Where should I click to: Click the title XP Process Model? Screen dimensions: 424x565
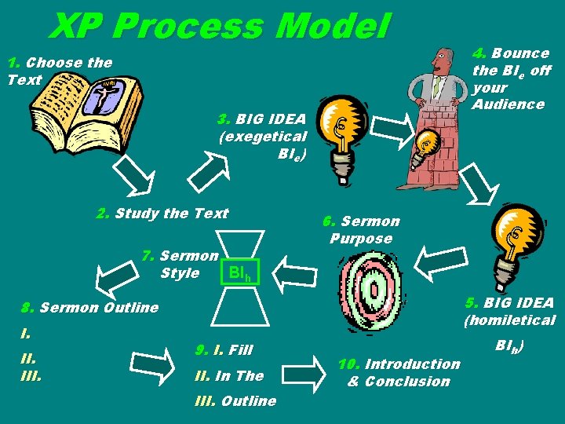[x=220, y=27]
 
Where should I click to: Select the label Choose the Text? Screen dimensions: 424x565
[x=59, y=70]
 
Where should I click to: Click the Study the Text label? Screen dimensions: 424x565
[x=162, y=214]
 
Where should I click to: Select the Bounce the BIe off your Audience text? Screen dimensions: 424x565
[x=511, y=79]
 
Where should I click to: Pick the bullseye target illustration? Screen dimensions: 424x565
[x=372, y=291]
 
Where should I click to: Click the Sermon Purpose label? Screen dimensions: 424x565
[x=360, y=229]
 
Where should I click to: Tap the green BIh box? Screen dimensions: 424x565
[x=239, y=273]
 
